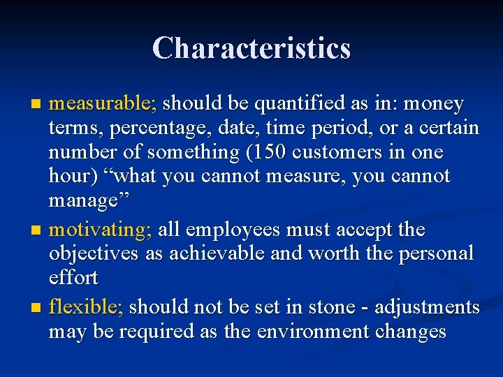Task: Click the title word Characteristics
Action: click(x=251, y=48)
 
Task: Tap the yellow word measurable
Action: click(x=103, y=104)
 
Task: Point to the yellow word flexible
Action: click(x=85, y=306)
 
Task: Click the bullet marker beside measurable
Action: click(x=38, y=105)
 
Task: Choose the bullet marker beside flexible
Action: click(x=38, y=307)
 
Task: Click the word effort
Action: click(x=73, y=277)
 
